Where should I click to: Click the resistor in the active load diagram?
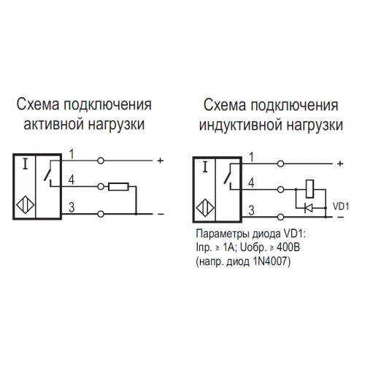tap(118, 187)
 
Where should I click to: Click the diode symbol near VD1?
tap(309, 208)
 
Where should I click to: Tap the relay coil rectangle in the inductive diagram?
tap(310, 188)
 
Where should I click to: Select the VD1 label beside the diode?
tap(341, 207)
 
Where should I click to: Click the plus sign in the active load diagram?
tap(161, 161)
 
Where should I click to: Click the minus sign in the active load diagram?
tap(161, 214)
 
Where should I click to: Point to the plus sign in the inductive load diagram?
tap(340, 164)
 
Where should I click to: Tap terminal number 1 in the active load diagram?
tap(72, 154)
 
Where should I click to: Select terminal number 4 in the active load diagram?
tap(71, 180)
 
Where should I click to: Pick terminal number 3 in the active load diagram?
tap(72, 207)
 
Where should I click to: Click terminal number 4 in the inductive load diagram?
tap(251, 183)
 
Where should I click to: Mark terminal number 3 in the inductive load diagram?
tap(251, 210)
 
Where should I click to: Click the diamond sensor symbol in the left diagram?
tap(26, 205)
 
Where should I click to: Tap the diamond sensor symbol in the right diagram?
tap(205, 208)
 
